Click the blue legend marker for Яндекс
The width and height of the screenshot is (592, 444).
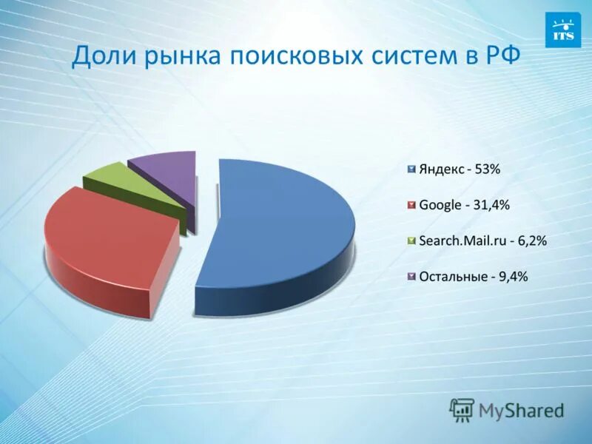(410, 169)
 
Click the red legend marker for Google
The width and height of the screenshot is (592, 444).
(410, 205)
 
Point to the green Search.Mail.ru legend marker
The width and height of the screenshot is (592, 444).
(410, 241)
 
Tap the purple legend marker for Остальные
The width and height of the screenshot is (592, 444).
(410, 277)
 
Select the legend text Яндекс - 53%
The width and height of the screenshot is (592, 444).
(460, 169)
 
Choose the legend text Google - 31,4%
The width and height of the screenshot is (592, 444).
(464, 205)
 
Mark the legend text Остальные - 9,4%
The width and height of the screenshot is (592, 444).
(473, 277)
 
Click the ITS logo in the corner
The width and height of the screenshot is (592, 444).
(562, 30)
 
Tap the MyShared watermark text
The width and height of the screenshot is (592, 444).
(521, 410)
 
